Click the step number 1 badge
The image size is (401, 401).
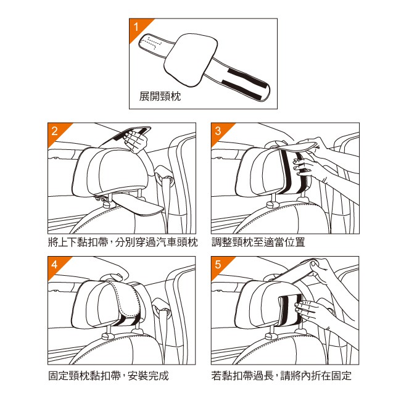pos(137,27)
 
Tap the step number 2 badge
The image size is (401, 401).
pos(55,131)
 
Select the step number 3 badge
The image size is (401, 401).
pos(218,131)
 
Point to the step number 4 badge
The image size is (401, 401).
pos(55,265)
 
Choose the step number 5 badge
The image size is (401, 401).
pos(218,265)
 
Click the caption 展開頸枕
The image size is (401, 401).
pos(160,96)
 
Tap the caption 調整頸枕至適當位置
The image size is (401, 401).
pos(258,242)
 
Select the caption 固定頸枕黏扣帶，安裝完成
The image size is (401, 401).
pos(109,376)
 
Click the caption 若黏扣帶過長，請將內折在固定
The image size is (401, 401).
pos(281,376)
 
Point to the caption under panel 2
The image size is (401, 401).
pos(123,242)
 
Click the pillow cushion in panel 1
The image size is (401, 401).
pos(191,60)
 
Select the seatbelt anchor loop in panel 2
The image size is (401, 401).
pos(165,175)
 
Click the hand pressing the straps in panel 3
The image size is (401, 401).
pos(303,168)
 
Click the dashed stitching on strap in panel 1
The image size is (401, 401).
pos(151,42)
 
